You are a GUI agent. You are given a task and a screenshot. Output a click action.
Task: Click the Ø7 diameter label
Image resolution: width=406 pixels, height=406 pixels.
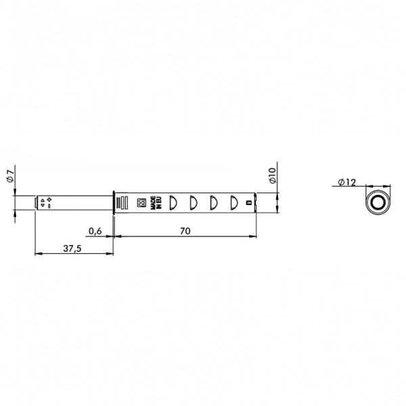[10, 176]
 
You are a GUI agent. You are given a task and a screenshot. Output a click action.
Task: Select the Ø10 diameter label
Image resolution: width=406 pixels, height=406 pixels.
[273, 175]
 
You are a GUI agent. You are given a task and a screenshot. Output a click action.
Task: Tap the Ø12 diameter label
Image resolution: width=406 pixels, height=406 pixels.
[347, 182]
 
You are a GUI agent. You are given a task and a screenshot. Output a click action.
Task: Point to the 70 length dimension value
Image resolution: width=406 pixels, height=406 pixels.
[185, 231]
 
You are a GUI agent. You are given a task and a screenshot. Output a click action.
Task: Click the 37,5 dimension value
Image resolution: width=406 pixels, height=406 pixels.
[72, 248]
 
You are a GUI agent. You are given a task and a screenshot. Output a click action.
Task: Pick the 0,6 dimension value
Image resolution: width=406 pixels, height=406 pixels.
[95, 231]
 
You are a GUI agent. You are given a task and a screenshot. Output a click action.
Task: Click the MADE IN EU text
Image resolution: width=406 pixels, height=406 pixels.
[156, 202]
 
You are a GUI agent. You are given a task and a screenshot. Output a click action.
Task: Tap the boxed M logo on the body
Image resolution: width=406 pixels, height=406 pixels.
[141, 203]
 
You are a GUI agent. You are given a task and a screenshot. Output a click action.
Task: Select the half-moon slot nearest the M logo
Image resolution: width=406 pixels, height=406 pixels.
[173, 202]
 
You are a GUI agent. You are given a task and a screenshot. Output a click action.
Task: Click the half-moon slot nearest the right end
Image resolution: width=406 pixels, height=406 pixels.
[234, 202]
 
